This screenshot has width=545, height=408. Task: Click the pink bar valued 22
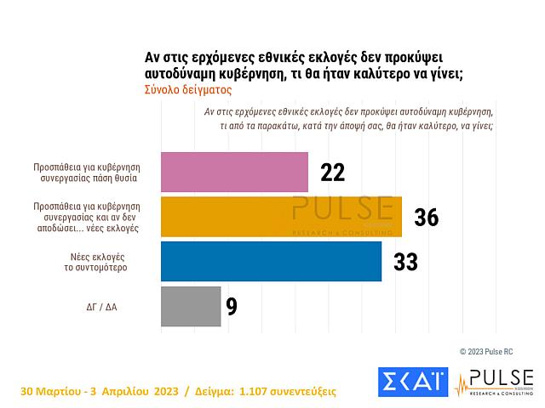pyautogui.click(x=234, y=172)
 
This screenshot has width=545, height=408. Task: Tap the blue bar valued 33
pyautogui.click(x=271, y=261)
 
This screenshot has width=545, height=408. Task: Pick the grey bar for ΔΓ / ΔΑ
pyautogui.click(x=191, y=306)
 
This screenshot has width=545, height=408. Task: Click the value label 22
pyautogui.click(x=332, y=173)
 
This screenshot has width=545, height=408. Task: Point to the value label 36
pyautogui.click(x=426, y=218)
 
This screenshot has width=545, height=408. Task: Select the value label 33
pyautogui.click(x=405, y=262)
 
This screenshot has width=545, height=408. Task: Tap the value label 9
pyautogui.click(x=232, y=307)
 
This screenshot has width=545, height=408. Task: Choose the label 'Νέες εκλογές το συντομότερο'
pyautogui.click(x=94, y=261)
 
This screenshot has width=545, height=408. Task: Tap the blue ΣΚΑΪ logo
pyautogui.click(x=411, y=382)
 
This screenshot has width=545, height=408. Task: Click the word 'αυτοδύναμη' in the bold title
pyautogui.click(x=183, y=72)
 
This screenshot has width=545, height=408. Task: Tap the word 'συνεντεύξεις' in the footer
pyautogui.click(x=307, y=392)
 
